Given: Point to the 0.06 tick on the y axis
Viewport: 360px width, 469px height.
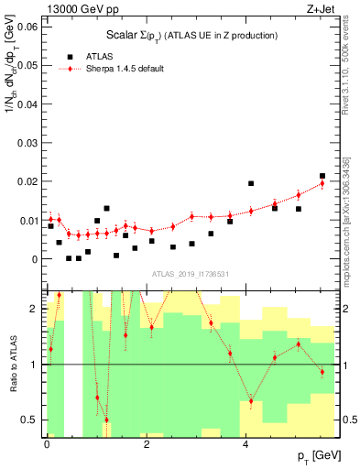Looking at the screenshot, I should click(27, 27).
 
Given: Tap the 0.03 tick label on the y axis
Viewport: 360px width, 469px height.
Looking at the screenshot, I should click(27, 143).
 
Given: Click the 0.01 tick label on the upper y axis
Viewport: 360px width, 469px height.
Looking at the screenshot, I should click(27, 221).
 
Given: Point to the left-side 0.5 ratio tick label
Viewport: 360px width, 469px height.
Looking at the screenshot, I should click(30, 420).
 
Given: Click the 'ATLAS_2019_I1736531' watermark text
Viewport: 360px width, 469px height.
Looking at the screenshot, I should click(190, 275).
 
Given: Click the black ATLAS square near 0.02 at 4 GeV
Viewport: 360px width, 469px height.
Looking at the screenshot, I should click(251, 183).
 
